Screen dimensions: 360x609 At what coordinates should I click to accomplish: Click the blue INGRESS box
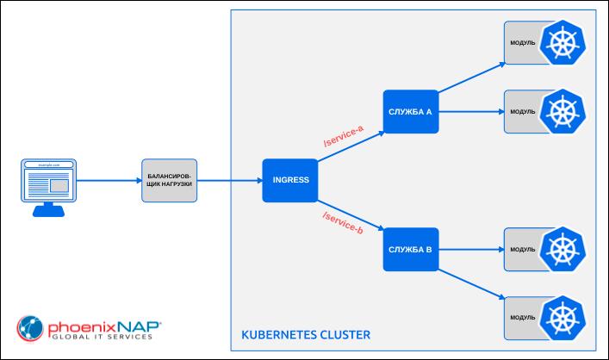[285, 180]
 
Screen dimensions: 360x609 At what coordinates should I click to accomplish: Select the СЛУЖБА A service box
[411, 111]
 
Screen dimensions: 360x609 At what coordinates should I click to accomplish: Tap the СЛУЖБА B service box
[411, 250]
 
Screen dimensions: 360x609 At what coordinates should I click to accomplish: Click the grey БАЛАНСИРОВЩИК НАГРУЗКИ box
[169, 181]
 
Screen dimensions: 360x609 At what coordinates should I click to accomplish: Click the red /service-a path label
[343, 136]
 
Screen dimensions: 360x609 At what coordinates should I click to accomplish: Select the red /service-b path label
[342, 223]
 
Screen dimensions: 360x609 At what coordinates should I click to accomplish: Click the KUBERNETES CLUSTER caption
[306, 333]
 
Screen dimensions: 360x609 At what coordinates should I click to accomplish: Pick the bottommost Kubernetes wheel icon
[563, 319]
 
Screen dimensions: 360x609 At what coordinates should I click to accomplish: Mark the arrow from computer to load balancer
[109, 181]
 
